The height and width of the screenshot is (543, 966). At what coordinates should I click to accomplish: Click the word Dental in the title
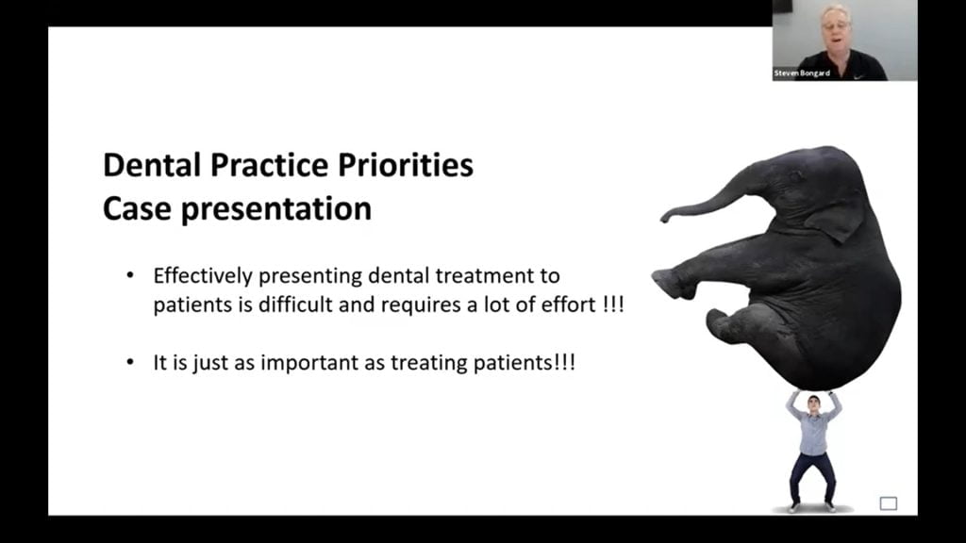point(153,165)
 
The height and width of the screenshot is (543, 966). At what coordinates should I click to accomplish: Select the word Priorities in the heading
point(406,165)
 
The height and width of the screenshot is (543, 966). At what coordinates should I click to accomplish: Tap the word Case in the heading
point(138,208)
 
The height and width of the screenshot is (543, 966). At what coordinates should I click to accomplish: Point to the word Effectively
point(203,276)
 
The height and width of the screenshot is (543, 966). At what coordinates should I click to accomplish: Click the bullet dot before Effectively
point(130,275)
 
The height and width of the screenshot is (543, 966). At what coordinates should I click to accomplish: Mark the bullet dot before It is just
point(130,362)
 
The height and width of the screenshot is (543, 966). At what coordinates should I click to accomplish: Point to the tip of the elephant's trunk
point(664,218)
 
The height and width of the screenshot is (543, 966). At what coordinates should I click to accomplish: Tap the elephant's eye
point(794,177)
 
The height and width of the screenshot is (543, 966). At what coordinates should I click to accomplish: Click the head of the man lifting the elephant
point(813,403)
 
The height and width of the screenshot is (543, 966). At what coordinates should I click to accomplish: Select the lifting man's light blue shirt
point(814,431)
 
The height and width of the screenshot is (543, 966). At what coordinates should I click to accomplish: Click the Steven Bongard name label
point(802,74)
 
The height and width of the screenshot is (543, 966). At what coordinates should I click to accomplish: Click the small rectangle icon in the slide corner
point(888,503)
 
